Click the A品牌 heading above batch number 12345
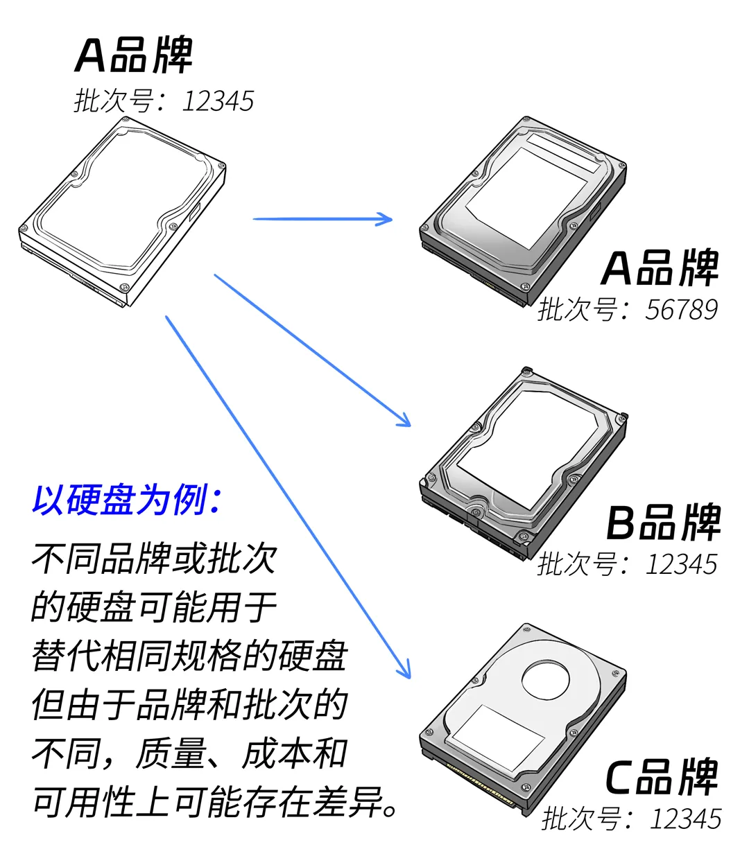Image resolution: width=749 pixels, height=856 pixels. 133,55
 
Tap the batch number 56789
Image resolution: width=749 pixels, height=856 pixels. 681,310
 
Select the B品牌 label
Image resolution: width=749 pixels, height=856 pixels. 663,523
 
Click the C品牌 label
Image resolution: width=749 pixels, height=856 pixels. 662,778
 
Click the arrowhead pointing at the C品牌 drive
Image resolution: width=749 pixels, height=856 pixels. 404,670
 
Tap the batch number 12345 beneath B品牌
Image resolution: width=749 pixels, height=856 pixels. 681,564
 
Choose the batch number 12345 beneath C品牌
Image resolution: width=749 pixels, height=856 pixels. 685,819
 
